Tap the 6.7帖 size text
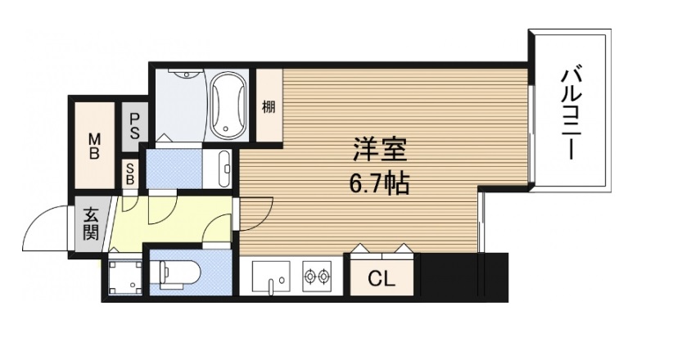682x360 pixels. tap(379, 183)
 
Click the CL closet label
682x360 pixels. tap(381, 279)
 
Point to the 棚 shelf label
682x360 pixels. tap(269, 106)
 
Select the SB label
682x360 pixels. tap(131, 172)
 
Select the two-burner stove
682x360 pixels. tap(317, 278)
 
